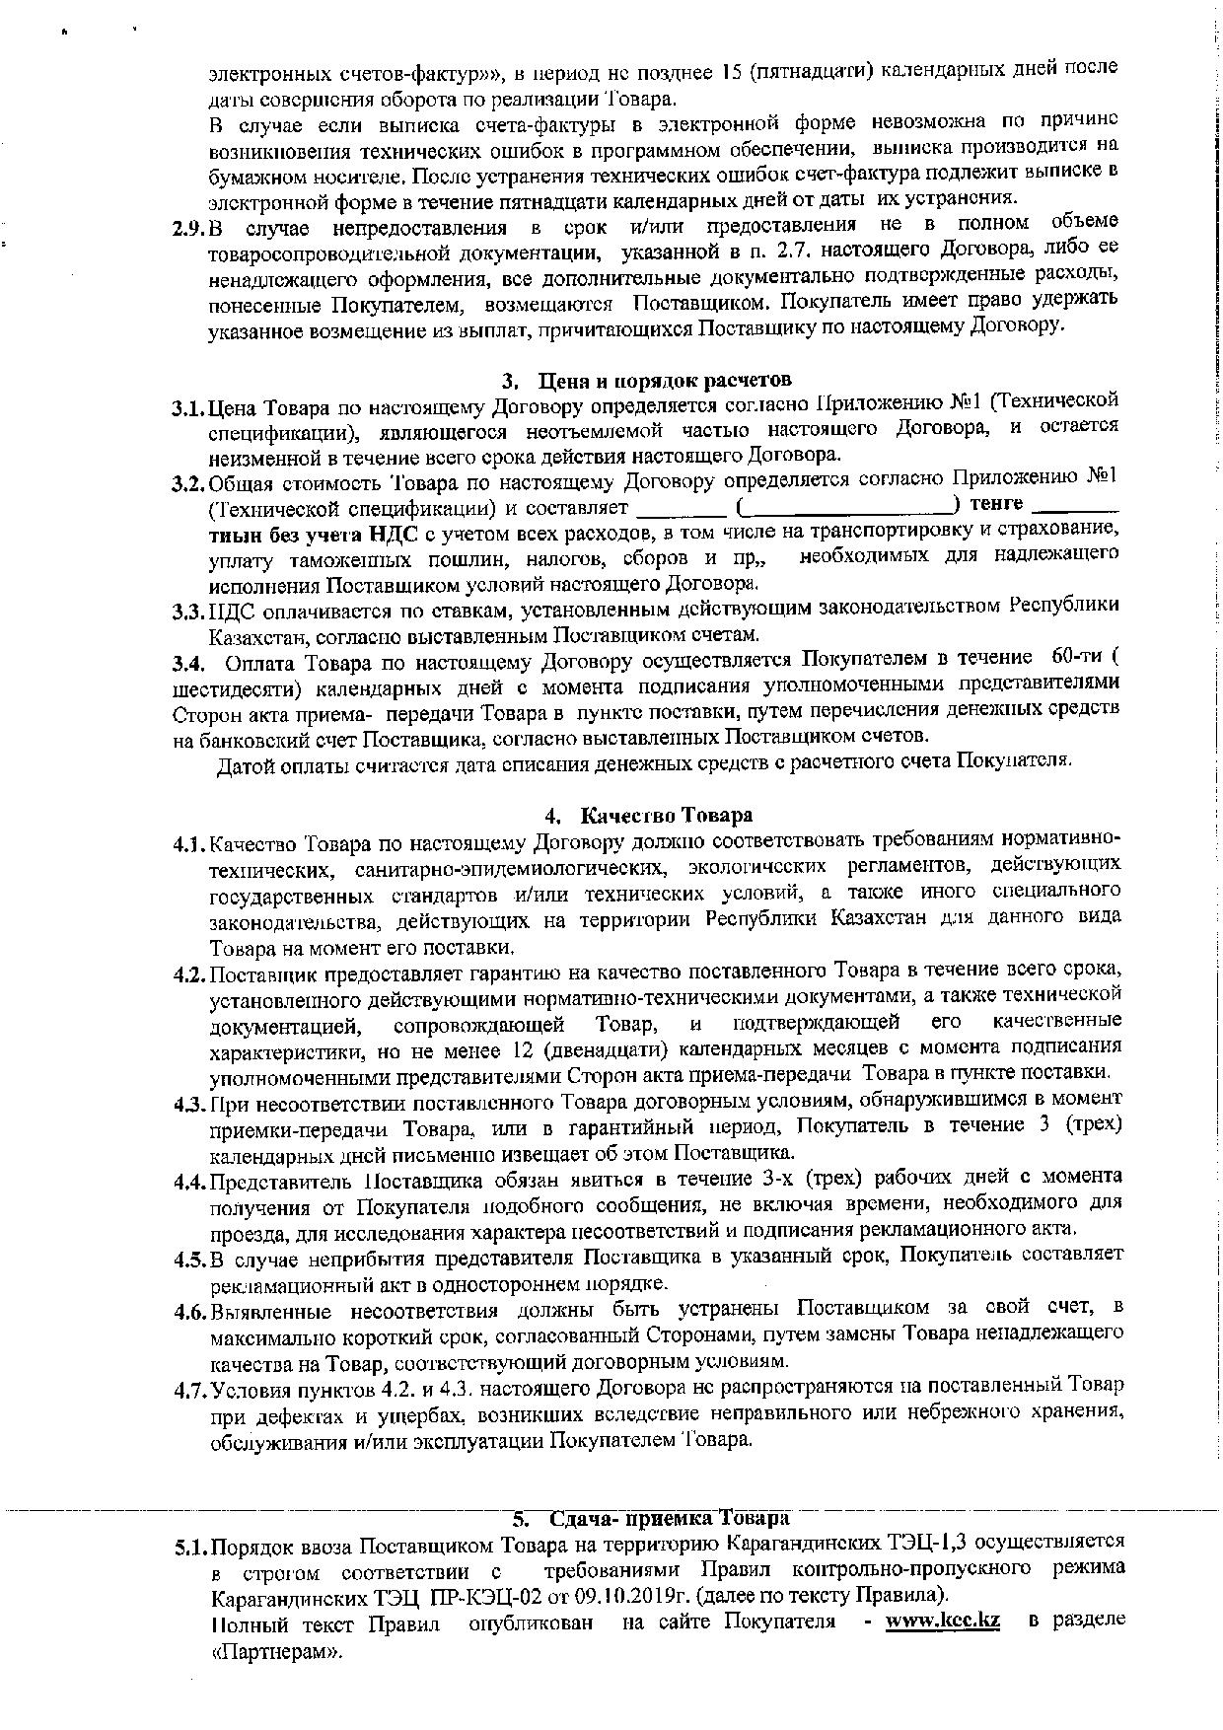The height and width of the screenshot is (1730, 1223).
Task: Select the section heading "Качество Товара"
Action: [x=666, y=815]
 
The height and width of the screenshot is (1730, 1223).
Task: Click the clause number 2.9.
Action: [x=187, y=229]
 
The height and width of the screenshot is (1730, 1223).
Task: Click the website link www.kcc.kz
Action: [x=943, y=1621]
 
